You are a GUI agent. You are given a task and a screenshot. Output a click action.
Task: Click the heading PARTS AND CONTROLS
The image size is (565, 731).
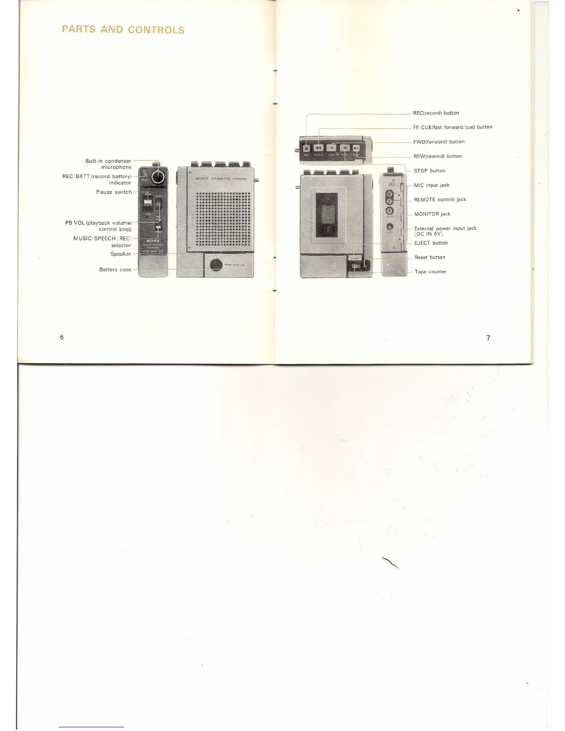123,30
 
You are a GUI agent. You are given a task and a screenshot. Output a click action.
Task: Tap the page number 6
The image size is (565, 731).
62,337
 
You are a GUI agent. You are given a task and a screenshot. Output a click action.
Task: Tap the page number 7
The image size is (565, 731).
488,338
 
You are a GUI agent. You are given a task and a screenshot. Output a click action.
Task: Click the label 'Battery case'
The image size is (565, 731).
115,270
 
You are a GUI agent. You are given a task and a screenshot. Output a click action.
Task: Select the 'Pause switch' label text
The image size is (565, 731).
114,192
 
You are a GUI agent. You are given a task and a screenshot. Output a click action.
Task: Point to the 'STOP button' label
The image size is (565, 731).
429,171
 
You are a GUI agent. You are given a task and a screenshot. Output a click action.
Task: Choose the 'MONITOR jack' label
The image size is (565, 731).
432,214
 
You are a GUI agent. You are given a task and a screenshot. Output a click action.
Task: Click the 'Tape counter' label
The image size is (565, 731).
430,272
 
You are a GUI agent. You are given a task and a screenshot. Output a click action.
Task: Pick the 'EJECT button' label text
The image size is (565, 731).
431,243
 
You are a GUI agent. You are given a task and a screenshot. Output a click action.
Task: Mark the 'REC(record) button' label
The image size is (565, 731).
436,113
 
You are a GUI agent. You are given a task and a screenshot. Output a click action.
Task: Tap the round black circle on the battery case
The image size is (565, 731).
216,265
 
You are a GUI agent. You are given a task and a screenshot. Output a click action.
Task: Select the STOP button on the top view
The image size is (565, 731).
345,148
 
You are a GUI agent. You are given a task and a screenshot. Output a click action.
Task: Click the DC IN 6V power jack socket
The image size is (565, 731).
390,227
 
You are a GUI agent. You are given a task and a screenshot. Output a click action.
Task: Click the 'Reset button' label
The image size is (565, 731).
429,258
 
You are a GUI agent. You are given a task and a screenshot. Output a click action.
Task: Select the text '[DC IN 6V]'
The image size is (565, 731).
429,234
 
